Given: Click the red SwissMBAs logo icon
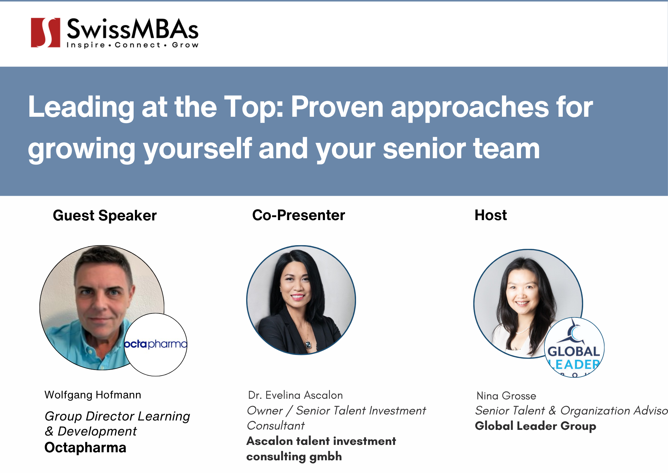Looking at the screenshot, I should (x=45, y=32).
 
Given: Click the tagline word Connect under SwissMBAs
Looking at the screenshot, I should (x=138, y=45).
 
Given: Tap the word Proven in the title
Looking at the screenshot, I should (x=337, y=107).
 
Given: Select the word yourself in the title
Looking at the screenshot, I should (x=197, y=149).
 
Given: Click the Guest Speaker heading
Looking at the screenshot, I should (x=105, y=215).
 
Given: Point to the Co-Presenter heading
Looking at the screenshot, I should (x=298, y=215).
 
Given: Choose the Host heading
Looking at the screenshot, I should (x=490, y=215).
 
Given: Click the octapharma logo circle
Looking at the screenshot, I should (x=156, y=345).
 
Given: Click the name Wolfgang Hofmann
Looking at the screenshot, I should (x=93, y=395).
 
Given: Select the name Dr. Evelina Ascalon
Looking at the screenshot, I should (x=295, y=395).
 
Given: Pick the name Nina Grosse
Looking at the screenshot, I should (x=506, y=396).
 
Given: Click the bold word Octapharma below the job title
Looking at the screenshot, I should (x=85, y=448).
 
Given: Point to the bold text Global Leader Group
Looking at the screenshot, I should (x=535, y=426).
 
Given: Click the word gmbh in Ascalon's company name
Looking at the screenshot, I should (x=325, y=456).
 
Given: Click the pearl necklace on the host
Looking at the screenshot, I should (x=523, y=331).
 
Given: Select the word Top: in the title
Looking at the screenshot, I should (x=254, y=107).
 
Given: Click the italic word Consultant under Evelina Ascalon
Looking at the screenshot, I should (x=276, y=425).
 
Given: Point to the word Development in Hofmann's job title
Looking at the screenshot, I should (x=97, y=432).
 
